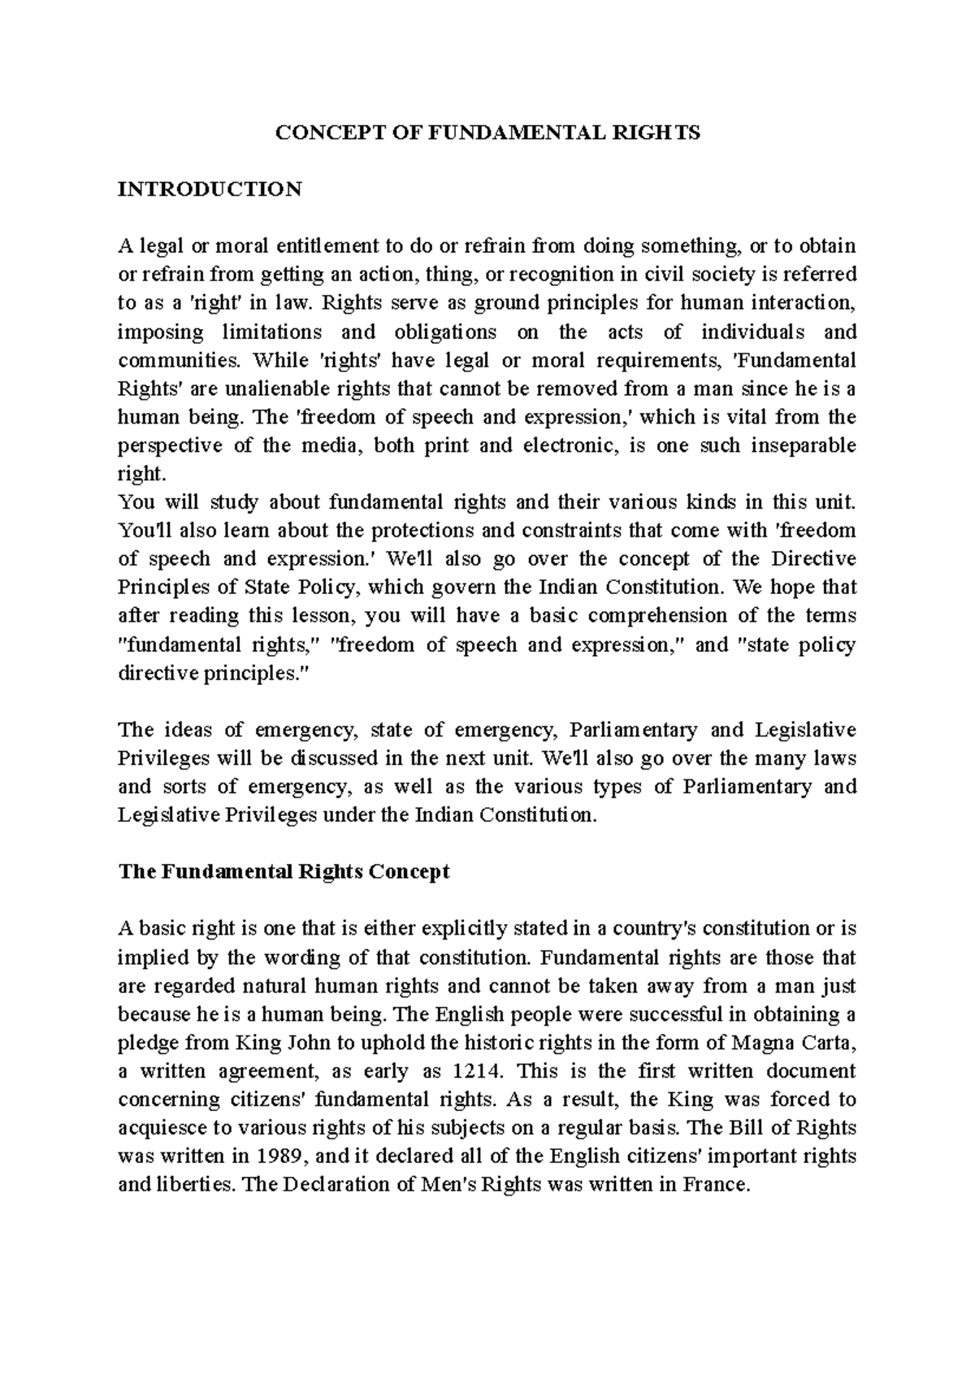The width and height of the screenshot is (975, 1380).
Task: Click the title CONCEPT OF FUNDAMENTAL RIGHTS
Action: [x=487, y=133]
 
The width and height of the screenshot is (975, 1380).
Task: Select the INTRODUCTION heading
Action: [x=210, y=189]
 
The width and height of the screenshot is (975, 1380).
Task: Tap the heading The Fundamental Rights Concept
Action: [x=284, y=872]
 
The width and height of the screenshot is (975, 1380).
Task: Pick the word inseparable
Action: [x=804, y=445]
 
